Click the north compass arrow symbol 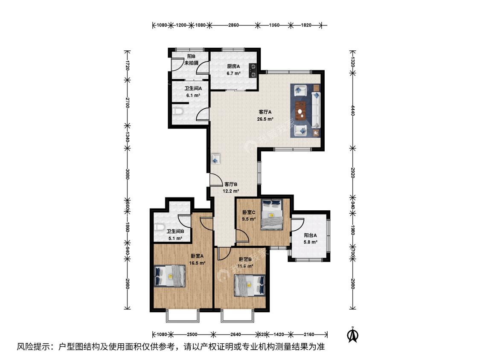pos(353,334)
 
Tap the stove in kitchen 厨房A pos(253,70)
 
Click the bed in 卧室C pos(271,215)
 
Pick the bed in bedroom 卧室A pos(170,276)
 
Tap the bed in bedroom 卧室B pos(250,286)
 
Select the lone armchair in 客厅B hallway pos(216,159)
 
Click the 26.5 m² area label pos(265,119)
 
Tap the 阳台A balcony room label pos(311,235)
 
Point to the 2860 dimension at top pos(233,25)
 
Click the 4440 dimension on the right pos(353,110)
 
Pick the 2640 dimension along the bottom pos(236,334)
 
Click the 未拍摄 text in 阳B pos(191,63)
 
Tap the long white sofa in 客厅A pos(316,110)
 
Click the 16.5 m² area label pos(197,263)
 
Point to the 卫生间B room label pos(175,232)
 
